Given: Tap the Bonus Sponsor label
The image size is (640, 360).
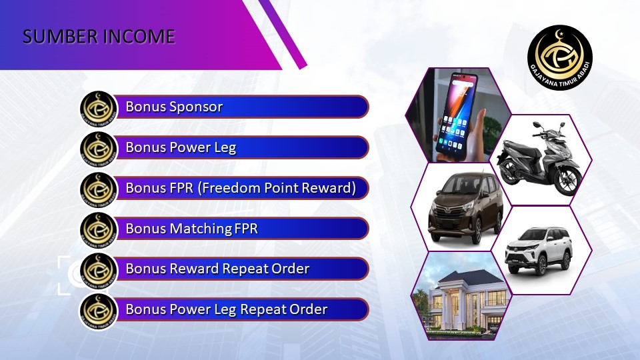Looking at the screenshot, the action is (174, 107).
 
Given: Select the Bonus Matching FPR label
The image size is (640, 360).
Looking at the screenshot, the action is (191, 228).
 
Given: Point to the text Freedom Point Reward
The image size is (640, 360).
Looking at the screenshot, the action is (279, 188).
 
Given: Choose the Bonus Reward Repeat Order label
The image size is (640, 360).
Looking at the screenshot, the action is (217, 269).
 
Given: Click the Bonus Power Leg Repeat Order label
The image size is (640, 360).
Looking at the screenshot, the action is (226, 309).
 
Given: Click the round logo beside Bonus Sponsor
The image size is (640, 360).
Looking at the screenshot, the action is (99, 109).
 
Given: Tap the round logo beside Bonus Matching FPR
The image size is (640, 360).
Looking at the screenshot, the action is (99, 230).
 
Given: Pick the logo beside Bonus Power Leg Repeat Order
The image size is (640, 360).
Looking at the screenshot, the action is (99, 311).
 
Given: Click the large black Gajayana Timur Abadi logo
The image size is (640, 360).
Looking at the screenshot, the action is (559, 57).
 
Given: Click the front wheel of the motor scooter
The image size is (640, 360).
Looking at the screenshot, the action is (568, 179).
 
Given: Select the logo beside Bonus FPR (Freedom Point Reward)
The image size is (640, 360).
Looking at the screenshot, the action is (99, 190).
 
